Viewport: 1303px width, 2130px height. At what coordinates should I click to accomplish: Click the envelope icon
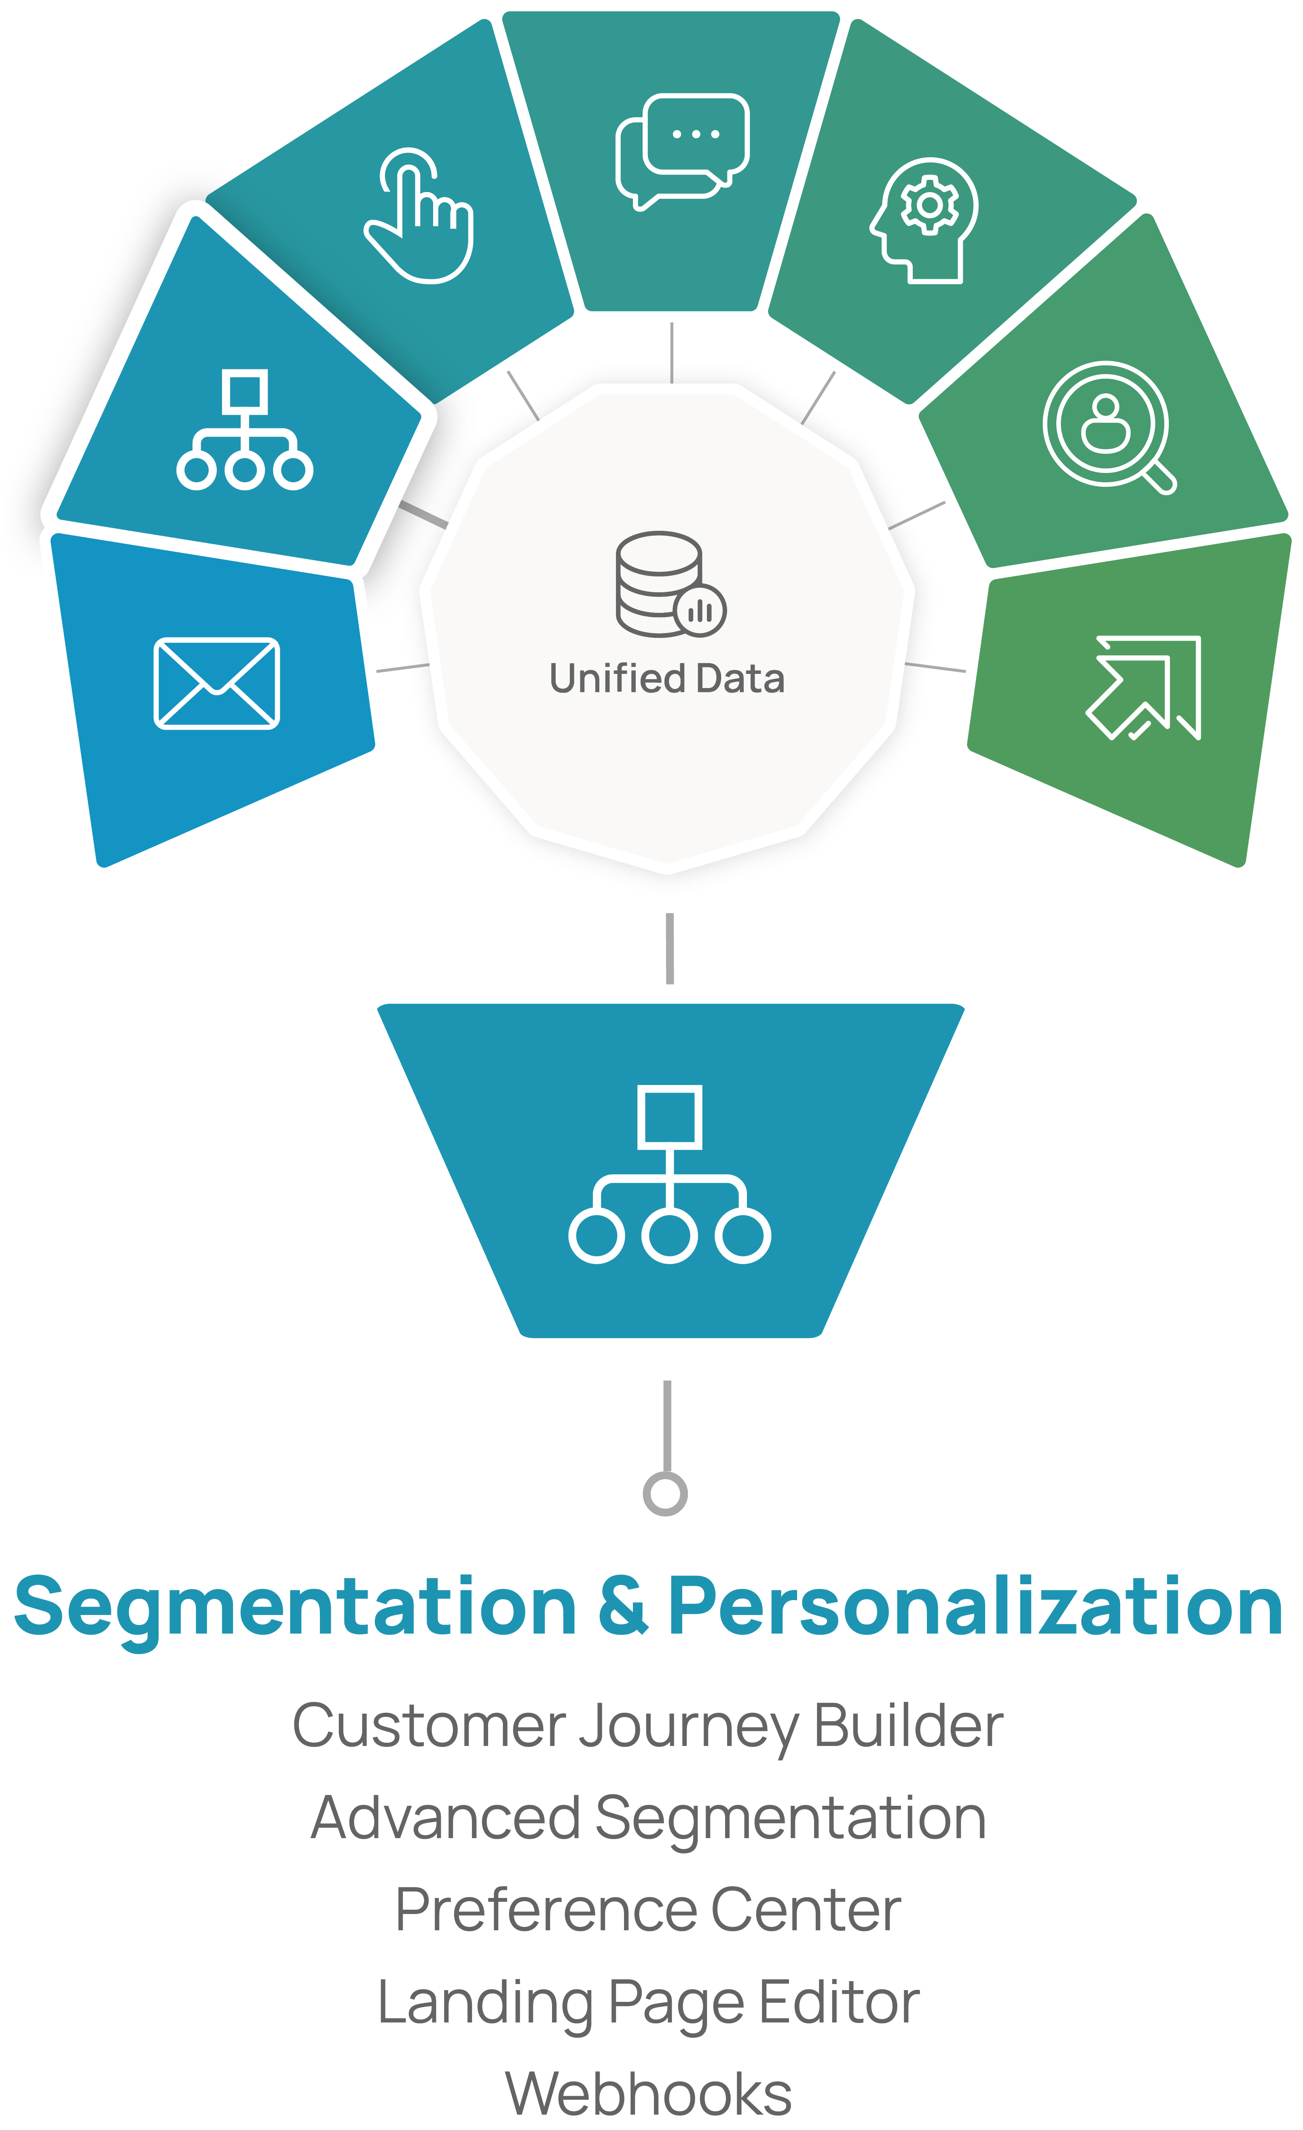point(216,683)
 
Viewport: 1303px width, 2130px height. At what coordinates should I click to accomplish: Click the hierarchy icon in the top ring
point(245,430)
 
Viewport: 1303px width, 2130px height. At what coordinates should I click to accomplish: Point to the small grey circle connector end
point(665,1493)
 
